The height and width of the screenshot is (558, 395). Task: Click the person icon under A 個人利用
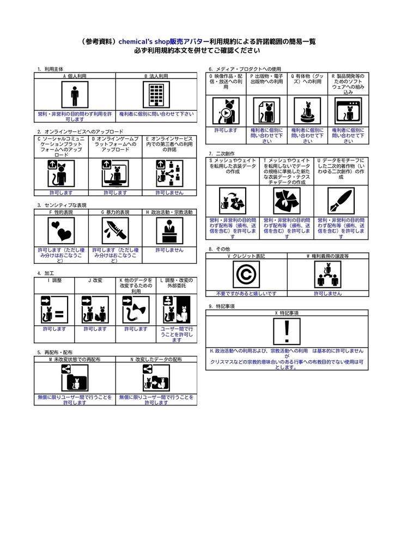coord(75,95)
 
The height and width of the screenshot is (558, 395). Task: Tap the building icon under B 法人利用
coord(156,95)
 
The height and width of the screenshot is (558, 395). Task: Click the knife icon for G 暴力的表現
coord(115,231)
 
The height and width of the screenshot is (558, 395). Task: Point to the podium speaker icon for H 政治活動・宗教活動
coord(169,231)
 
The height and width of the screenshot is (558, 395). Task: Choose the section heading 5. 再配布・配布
coord(54,353)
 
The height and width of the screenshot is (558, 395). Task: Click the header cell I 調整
coord(54,280)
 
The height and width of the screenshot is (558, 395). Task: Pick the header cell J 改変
coord(95,280)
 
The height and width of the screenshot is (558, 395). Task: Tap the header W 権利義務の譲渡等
coord(327,256)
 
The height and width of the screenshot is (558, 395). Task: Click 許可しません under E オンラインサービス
coord(169,193)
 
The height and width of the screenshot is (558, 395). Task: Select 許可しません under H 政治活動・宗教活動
coord(169,250)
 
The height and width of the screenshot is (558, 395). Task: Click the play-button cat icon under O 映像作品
coord(226,111)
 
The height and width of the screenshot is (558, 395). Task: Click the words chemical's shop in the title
coord(144,41)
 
